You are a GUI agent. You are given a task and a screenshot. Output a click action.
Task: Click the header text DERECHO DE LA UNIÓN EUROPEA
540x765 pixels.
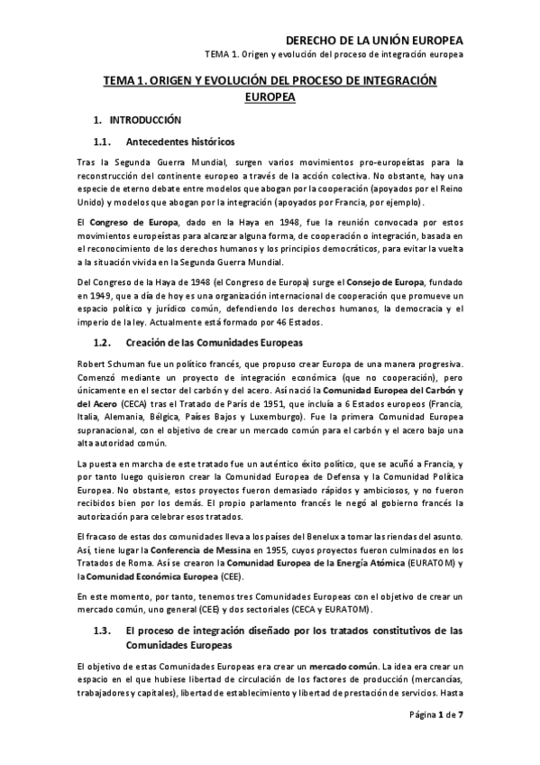point(373,41)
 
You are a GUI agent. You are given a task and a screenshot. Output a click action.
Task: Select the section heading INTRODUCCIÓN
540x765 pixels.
point(145,120)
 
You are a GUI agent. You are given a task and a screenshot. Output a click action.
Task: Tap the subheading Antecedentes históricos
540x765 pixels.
point(180,142)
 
